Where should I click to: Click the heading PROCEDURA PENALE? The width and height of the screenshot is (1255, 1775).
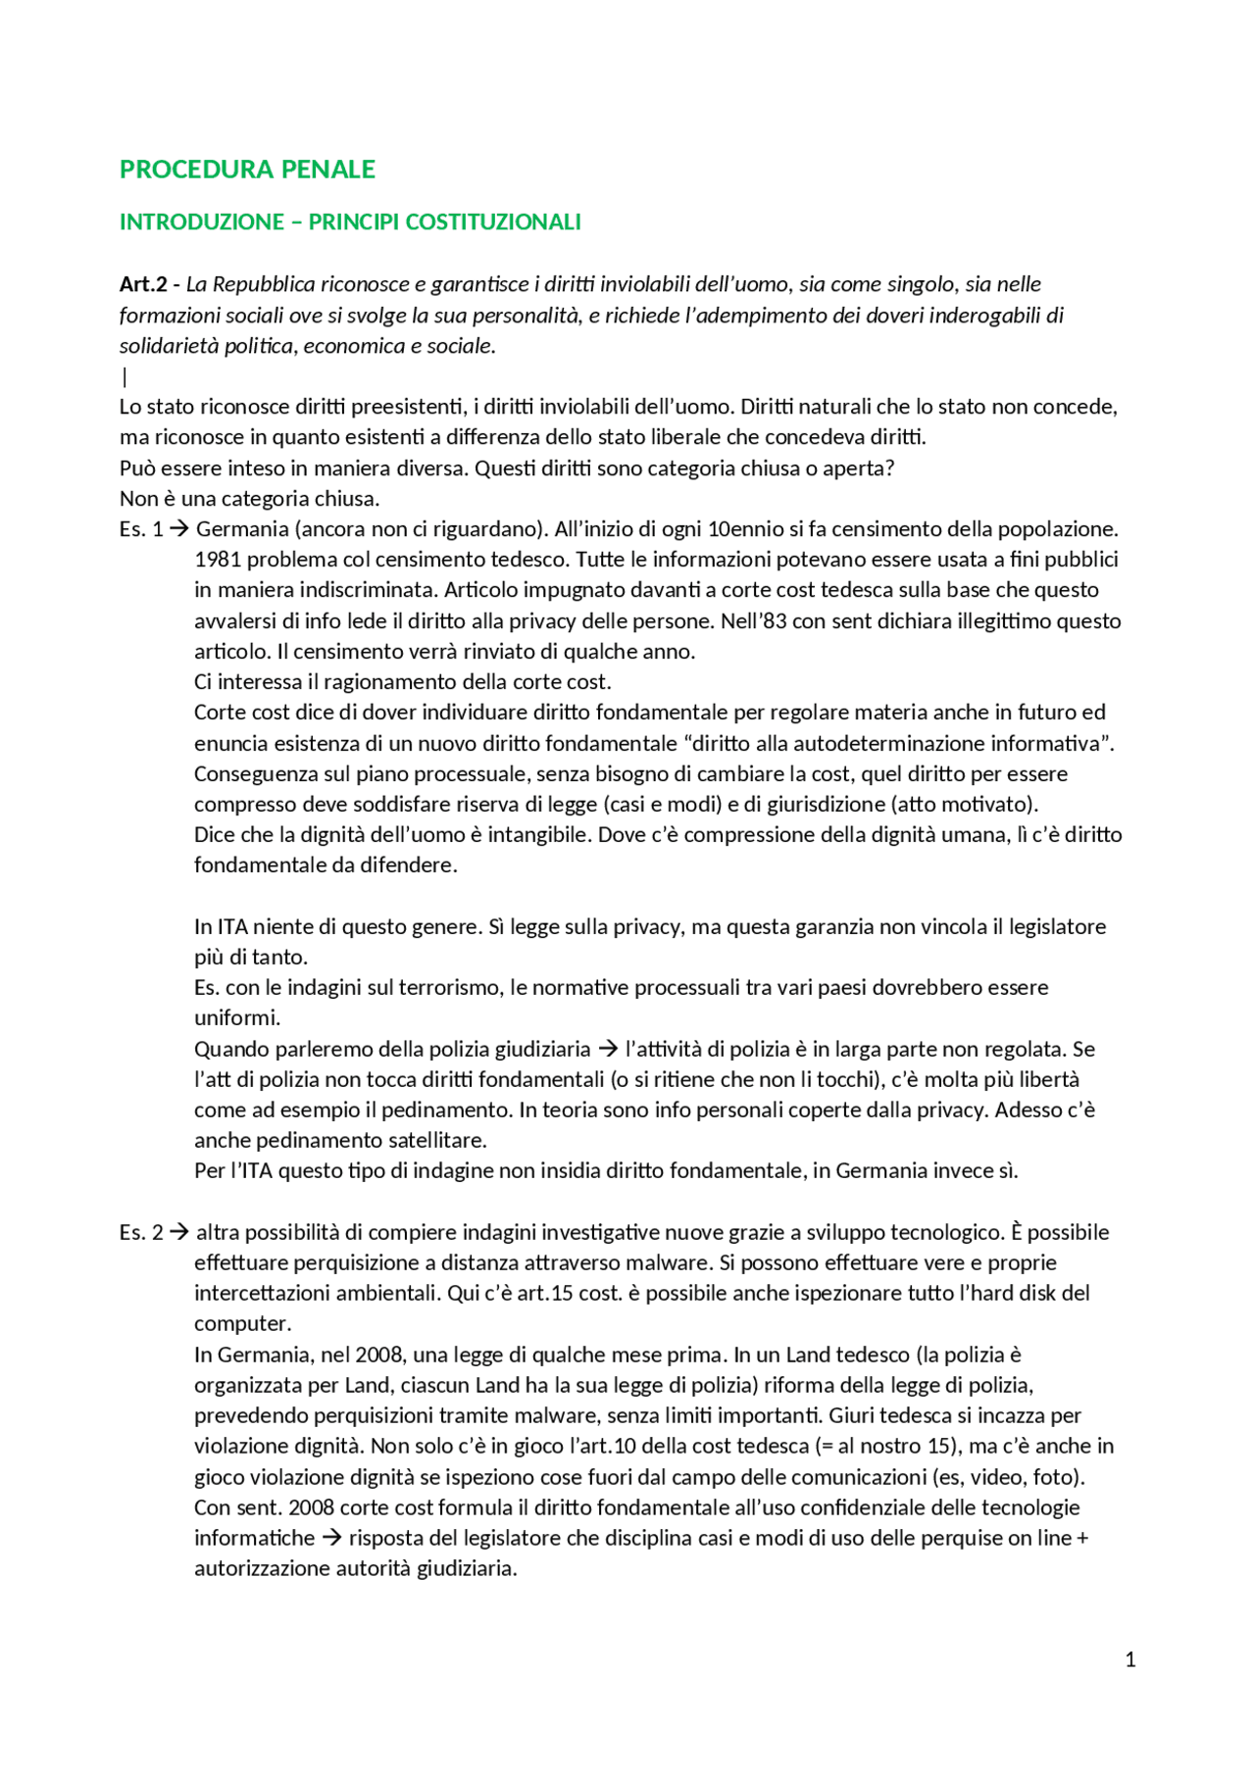[x=247, y=170]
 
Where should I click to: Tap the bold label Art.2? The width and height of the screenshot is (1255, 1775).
[x=143, y=284]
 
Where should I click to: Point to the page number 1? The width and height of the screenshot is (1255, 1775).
[x=1130, y=1659]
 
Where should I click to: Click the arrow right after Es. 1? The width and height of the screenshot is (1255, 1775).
[x=178, y=529]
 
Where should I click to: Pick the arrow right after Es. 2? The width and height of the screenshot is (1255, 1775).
[x=178, y=1232]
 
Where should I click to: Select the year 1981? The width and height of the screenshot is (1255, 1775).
[x=217, y=560]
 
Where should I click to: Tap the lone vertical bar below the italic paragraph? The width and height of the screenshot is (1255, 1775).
[x=125, y=376]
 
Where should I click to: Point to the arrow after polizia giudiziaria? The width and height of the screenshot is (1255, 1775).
[x=608, y=1050]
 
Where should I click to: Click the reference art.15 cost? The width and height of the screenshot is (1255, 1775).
[x=570, y=1294]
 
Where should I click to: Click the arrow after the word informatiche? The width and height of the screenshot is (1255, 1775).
[x=331, y=1538]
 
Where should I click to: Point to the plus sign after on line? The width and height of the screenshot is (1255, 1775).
[x=1082, y=1538]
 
